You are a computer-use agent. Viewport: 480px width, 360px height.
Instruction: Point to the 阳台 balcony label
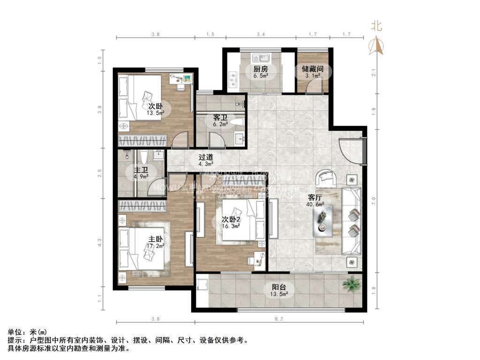[279, 288]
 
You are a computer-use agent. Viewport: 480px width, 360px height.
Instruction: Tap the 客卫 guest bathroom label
[220, 118]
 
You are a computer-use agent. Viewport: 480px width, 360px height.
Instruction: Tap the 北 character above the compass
[376, 26]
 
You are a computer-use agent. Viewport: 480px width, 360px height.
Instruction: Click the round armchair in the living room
[327, 178]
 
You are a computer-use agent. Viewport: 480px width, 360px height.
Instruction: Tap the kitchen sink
[260, 59]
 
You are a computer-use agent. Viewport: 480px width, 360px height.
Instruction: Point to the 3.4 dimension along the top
[261, 34]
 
